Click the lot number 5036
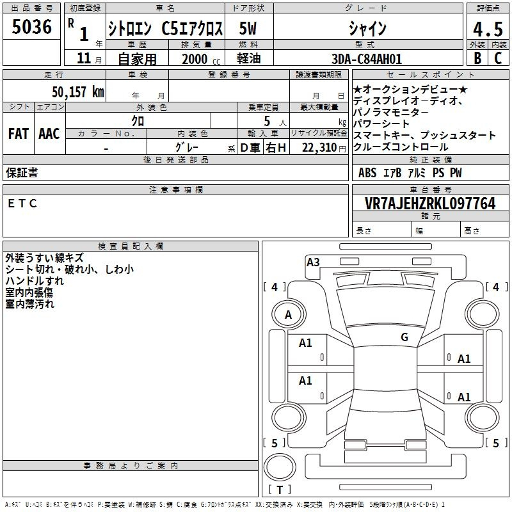(31, 27)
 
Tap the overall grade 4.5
(488, 29)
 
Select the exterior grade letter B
(477, 58)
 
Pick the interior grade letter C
(498, 58)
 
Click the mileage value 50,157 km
(78, 92)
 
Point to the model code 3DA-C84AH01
(366, 59)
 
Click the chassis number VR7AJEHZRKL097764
(430, 204)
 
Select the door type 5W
(248, 28)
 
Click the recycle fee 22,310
(319, 148)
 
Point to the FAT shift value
(19, 134)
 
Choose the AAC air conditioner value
(49, 134)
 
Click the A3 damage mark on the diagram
(313, 262)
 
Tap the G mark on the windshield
(404, 337)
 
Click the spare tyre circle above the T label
(280, 468)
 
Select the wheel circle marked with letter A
(289, 314)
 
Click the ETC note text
(22, 204)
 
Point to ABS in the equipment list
(367, 173)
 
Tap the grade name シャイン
(367, 28)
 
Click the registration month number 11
(84, 58)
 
